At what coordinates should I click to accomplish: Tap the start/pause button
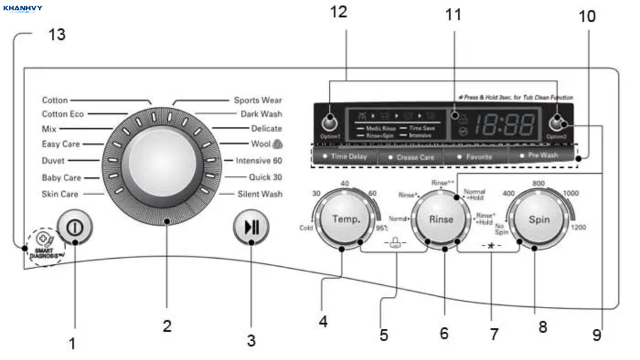251,227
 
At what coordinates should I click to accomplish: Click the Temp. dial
346,220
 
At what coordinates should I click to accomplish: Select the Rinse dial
441,220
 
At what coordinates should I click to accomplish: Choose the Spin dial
539,220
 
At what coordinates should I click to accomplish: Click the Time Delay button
346,157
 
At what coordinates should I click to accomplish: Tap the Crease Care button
412,157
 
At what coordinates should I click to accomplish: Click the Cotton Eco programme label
62,114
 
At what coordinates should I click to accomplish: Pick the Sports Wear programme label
257,100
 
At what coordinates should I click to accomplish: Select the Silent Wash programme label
259,194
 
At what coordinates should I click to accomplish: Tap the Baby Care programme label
61,178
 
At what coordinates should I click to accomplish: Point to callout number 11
453,14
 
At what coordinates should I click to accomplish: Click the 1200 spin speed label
578,227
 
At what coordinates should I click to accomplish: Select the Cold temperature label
306,228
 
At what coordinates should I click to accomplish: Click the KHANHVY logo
22,9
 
